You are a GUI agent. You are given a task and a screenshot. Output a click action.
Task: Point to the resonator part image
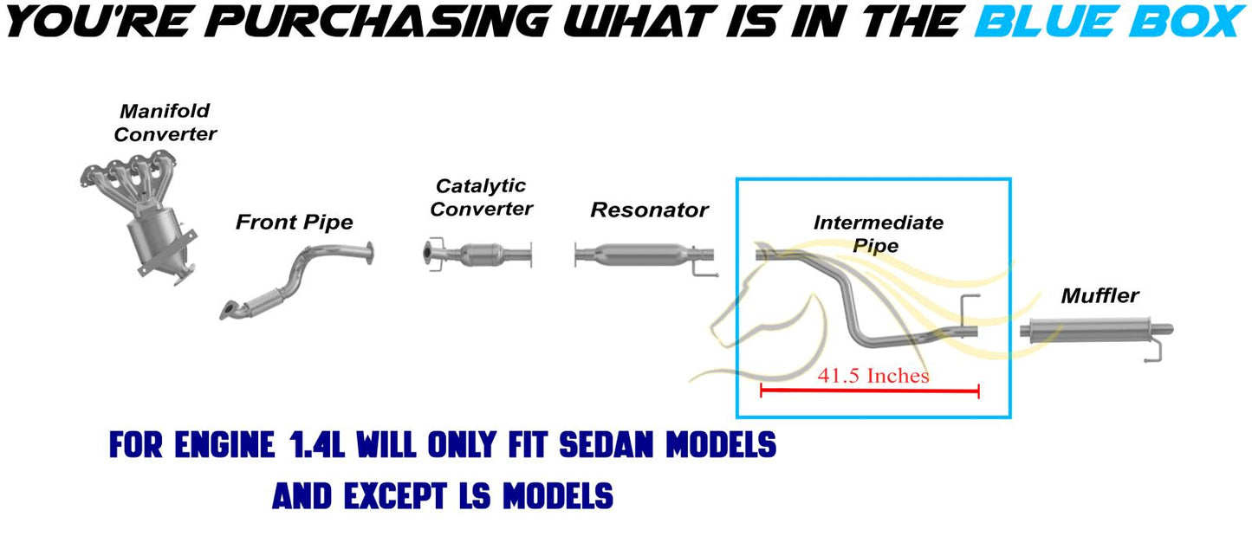click(x=643, y=255)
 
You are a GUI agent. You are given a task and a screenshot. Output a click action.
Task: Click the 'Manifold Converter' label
click(x=165, y=122)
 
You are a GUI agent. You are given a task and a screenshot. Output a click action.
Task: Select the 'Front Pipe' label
click(x=294, y=223)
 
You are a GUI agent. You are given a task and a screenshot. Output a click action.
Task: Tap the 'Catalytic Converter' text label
click(x=481, y=197)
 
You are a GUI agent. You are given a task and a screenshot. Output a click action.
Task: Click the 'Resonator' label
click(x=650, y=210)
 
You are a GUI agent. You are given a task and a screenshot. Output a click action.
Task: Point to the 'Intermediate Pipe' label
click(x=878, y=234)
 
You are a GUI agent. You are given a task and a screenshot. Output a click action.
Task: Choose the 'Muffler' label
click(x=1100, y=295)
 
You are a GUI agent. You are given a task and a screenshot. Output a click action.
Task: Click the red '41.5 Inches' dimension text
click(x=873, y=375)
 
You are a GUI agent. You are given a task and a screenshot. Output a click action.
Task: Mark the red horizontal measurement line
click(x=870, y=391)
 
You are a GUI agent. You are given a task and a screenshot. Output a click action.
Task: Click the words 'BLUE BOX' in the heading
click(x=1110, y=22)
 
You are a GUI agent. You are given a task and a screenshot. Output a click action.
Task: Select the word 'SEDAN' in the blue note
click(x=607, y=445)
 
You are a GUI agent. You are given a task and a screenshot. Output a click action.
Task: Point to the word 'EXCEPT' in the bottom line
click(x=396, y=496)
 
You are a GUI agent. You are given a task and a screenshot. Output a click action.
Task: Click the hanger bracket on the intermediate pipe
click(x=970, y=310)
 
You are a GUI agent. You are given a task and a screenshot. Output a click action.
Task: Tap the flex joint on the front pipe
click(x=261, y=302)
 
